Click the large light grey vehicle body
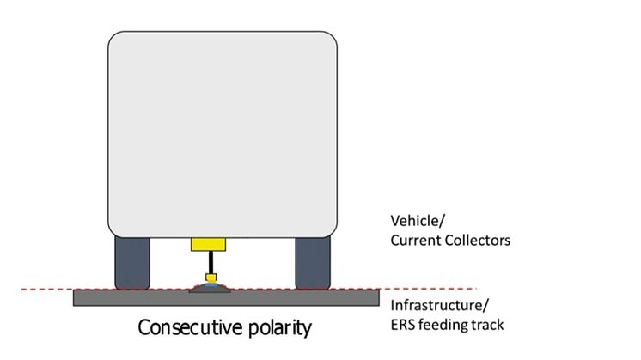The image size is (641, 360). (223, 134)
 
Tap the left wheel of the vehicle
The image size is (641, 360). (132, 263)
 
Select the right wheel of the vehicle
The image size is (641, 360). (313, 263)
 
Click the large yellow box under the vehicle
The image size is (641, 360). (208, 244)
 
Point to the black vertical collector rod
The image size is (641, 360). (211, 263)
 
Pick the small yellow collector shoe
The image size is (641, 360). (211, 278)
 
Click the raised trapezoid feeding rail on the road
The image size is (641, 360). (210, 289)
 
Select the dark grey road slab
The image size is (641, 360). (226, 297)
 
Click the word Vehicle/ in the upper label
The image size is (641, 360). (418, 221)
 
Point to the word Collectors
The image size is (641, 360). (478, 241)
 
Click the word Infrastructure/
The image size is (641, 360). (439, 305)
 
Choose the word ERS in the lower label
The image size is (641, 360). (403, 325)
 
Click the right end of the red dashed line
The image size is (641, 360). (477, 289)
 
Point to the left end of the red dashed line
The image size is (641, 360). (21, 290)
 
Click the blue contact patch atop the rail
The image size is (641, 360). (211, 284)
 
